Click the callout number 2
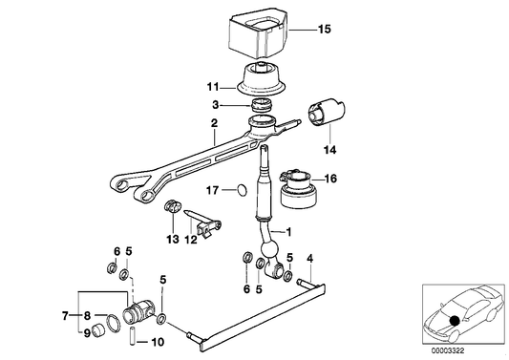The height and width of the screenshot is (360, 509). (x=216, y=123)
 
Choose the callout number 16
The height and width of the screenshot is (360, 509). (x=330, y=179)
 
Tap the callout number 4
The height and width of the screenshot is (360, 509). (x=308, y=259)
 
